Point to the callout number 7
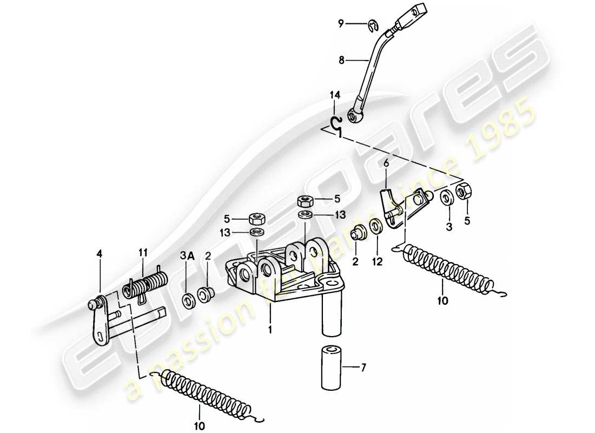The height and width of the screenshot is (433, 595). point(363,368)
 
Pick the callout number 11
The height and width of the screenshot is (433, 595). point(142,253)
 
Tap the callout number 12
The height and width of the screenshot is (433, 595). point(377,261)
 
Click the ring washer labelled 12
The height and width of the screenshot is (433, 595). point(375,225)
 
